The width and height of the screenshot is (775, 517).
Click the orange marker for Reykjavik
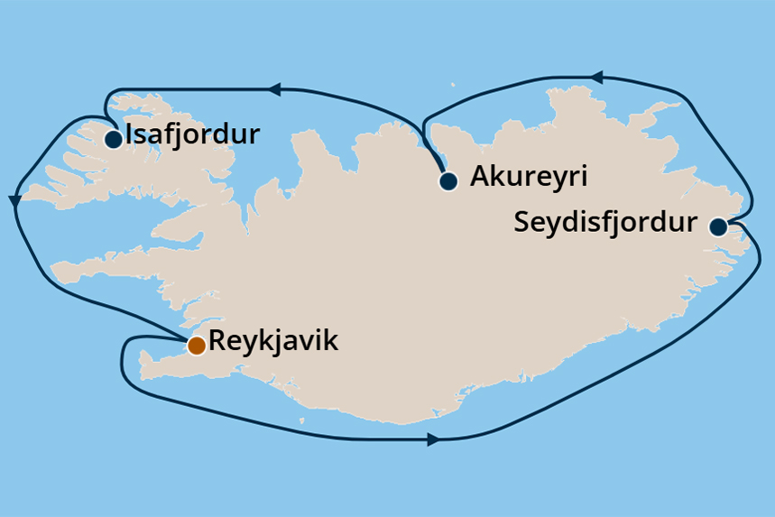[196, 345]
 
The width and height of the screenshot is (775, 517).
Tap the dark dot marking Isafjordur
[114, 140]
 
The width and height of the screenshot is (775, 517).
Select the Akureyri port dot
[448, 180]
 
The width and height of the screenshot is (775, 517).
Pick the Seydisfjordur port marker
[718, 226]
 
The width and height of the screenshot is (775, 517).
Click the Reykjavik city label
[272, 341]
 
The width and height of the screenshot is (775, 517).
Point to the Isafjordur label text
[193, 135]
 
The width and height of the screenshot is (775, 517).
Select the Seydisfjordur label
[605, 222]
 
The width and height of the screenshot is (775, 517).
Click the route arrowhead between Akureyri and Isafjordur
[274, 89]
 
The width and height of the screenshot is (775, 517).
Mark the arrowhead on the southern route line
[432, 440]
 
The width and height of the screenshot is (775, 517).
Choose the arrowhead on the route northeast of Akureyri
[595, 78]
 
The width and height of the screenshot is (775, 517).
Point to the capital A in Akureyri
[480, 176]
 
